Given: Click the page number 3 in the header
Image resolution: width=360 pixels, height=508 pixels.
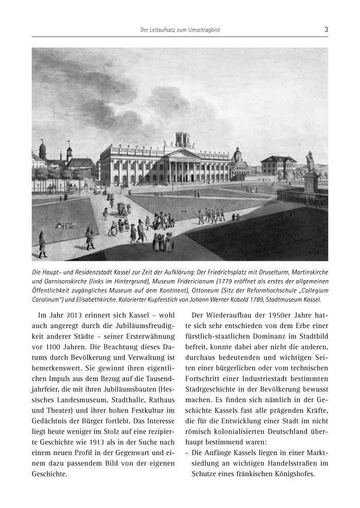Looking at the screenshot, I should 326,30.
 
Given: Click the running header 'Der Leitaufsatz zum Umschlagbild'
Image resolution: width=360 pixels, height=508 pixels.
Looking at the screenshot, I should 179,30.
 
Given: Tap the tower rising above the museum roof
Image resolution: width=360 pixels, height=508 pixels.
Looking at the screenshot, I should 183,139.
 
